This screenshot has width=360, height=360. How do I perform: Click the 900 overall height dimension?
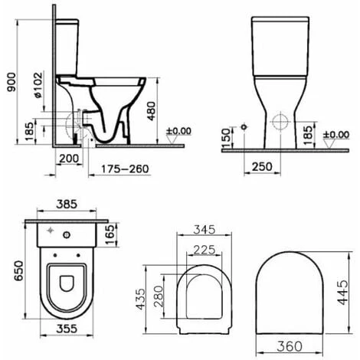pos(11,82)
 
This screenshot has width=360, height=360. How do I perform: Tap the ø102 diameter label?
pos(38,85)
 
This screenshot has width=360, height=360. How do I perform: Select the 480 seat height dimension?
pos(151,111)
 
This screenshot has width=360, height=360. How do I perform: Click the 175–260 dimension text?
pos(125,169)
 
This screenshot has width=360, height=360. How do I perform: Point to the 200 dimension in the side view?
pos(69,159)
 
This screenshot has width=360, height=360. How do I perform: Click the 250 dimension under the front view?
pos(262,167)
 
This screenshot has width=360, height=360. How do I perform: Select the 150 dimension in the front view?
pos(226,138)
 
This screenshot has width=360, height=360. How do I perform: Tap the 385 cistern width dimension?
pos(67,204)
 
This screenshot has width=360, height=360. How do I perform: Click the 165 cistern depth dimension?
pos(110,234)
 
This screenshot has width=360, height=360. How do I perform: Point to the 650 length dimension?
pos(18,270)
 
